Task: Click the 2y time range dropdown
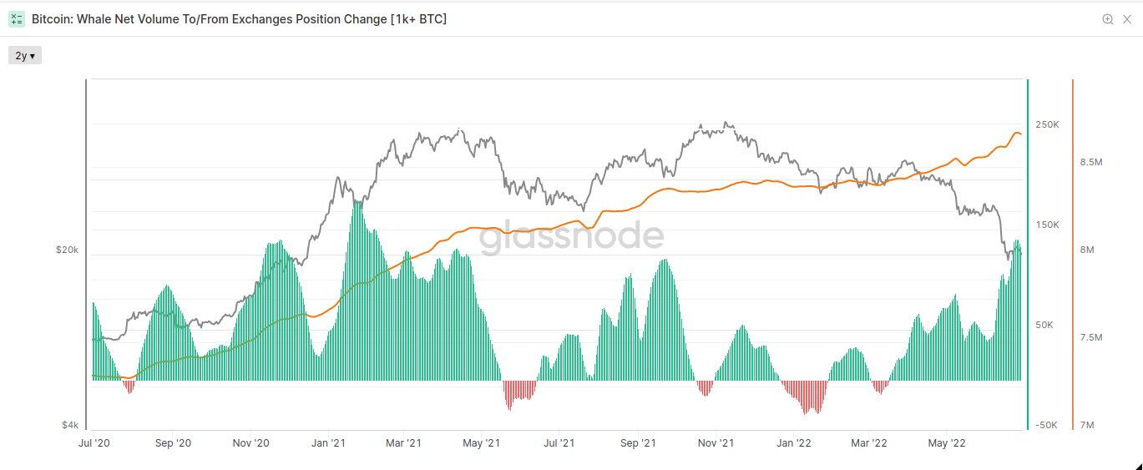tap(25, 56)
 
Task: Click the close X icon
tap(1127, 19)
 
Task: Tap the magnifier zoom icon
tap(1108, 19)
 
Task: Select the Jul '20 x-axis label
tap(94, 443)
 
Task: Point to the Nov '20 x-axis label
tap(250, 443)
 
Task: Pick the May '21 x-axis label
tap(481, 443)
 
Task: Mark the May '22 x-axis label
tap(947, 443)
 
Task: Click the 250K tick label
tap(1047, 124)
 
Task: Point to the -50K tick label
tap(1046, 425)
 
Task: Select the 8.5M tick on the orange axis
tap(1091, 162)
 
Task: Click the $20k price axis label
tap(68, 250)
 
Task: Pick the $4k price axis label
tap(70, 425)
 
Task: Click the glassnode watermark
tap(571, 237)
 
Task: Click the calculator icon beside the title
tap(17, 19)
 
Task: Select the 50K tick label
tap(1046, 325)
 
